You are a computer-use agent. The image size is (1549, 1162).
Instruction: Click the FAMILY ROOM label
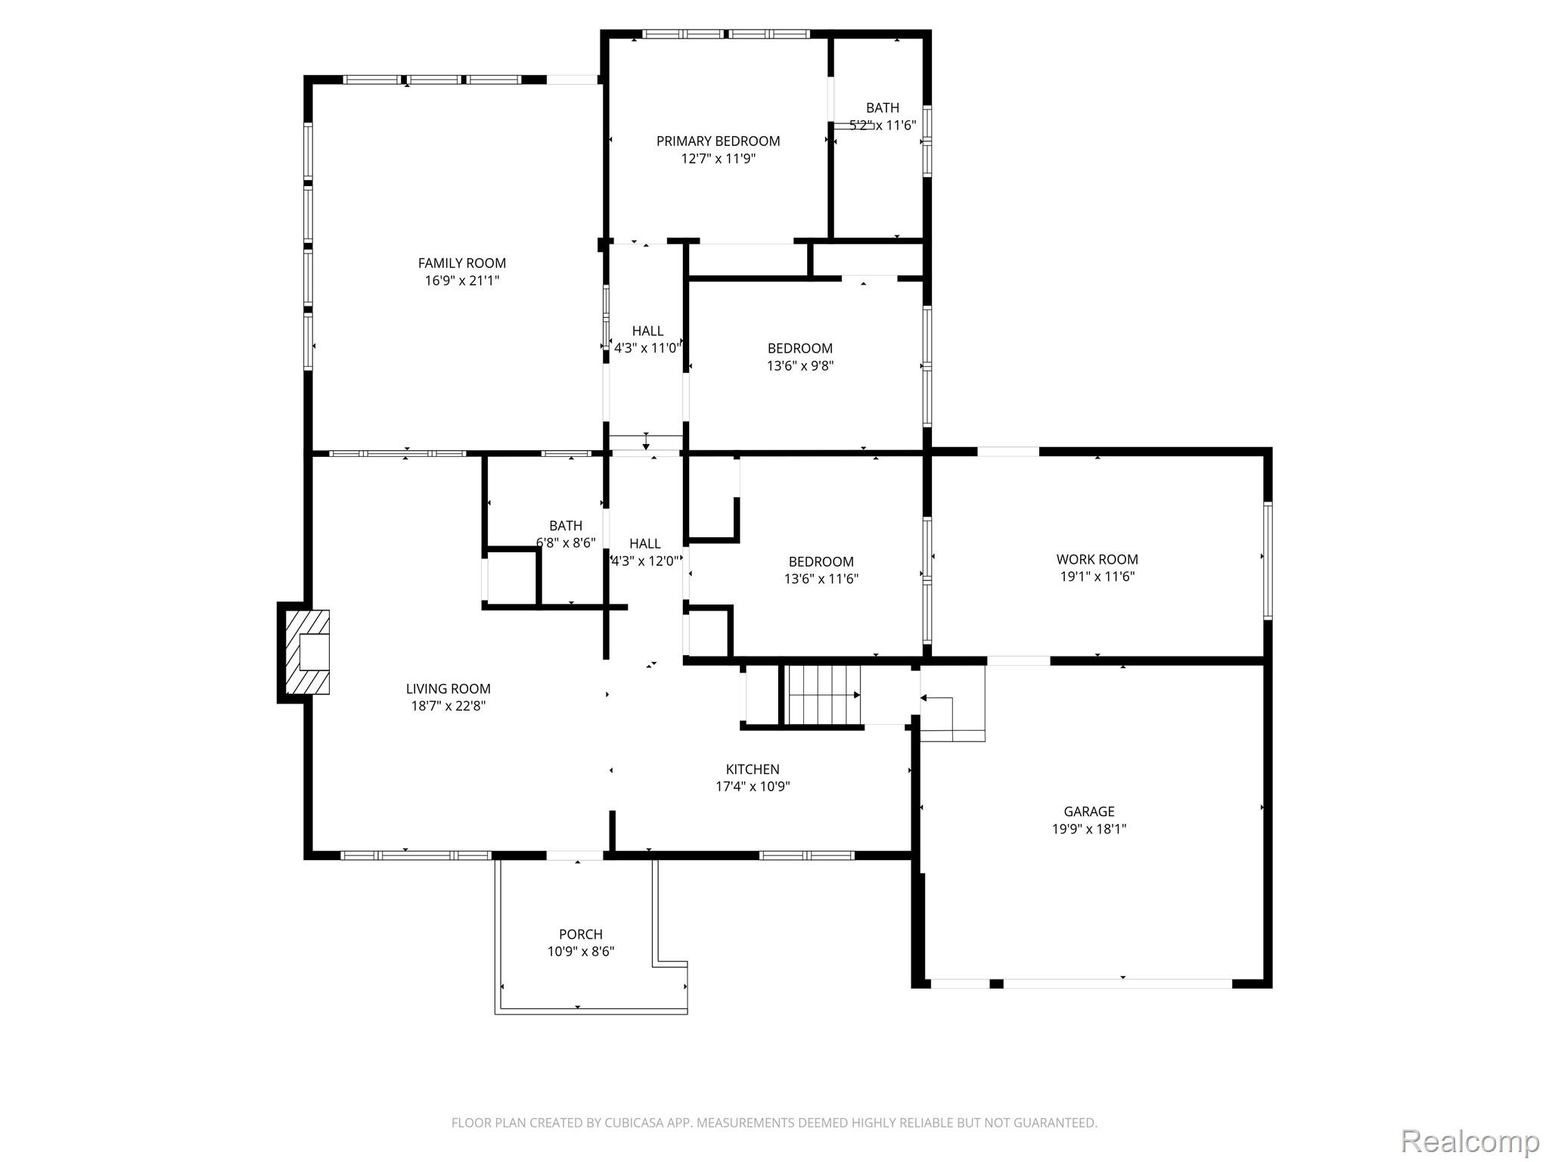pos(462,263)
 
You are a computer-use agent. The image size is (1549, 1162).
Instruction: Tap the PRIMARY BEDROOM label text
pos(718,141)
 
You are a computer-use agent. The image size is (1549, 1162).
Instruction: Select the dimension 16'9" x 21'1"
pos(462,281)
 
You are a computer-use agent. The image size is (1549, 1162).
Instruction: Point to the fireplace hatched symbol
pos(307,652)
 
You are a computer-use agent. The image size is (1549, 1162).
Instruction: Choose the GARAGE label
pos(1089,812)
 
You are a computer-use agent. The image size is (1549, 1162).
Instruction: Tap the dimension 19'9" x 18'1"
pos(1089,829)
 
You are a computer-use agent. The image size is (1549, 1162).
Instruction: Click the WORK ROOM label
pos(1097,560)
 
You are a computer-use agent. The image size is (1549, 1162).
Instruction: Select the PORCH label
pos(581,934)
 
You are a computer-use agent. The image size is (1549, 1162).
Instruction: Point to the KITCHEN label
pos(753,769)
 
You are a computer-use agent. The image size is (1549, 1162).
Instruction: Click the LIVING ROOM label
pos(449,689)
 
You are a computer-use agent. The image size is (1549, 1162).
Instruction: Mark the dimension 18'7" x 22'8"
pos(449,707)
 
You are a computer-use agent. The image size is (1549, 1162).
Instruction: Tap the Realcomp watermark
pos(1470,1141)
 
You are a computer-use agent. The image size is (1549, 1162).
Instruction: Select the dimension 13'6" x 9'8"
pos(800,366)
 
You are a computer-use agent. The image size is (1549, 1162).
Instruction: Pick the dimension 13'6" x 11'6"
pos(821,579)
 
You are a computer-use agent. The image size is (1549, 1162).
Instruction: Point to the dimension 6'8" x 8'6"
pos(566,543)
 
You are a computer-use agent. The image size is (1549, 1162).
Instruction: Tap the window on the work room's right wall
pos(1268,561)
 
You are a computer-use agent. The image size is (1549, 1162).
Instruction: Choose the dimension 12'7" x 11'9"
pos(719,159)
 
